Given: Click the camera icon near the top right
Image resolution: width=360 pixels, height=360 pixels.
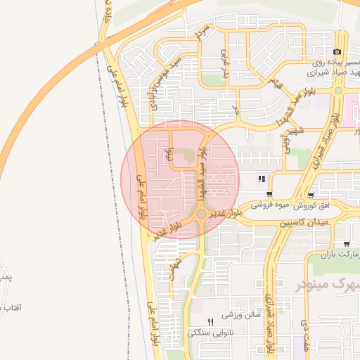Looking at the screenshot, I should (x=338, y=53).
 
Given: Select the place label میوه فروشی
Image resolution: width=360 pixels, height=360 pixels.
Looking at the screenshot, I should (x=273, y=205).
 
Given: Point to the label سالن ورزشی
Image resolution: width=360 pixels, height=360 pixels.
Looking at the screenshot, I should (x=243, y=315).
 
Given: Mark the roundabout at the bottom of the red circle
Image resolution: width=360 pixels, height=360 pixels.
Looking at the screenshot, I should (x=201, y=213).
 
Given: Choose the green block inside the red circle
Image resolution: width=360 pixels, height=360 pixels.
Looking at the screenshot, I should (x=184, y=155).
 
